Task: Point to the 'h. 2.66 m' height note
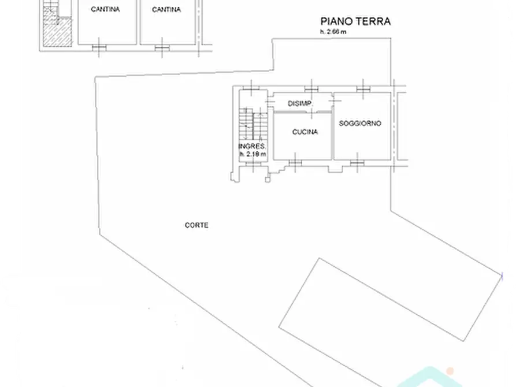click(x=334, y=32)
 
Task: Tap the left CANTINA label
click(x=105, y=9)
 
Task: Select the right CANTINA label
click(x=166, y=9)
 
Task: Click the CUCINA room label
click(x=305, y=132)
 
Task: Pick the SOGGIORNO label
click(x=360, y=123)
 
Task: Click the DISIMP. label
click(x=300, y=103)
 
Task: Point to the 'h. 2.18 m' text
click(x=253, y=154)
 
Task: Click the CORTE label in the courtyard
click(x=196, y=225)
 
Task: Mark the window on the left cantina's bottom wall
click(x=100, y=46)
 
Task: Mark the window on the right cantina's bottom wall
click(x=162, y=46)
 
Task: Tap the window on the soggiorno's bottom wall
click(x=357, y=162)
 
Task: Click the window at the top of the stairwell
click(x=252, y=89)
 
